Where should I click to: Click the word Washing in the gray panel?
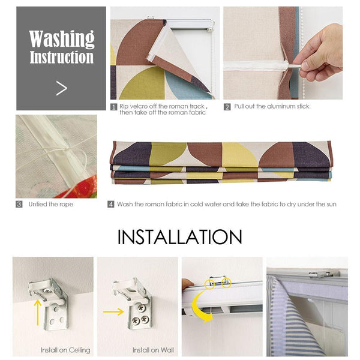point(62,38)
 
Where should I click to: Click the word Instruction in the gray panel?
point(62,57)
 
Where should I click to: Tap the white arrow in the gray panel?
point(62,88)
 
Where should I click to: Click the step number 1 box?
point(113,107)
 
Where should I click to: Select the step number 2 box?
point(227,107)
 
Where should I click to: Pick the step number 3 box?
point(19,204)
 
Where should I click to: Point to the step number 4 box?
point(110,204)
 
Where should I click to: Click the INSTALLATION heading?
point(180,237)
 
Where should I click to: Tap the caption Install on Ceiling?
point(65,350)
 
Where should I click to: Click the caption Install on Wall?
point(153,350)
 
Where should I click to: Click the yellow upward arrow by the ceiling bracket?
point(38,312)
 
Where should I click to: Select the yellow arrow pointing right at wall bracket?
point(113,312)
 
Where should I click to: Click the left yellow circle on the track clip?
point(210,284)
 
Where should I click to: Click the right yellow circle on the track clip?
point(226,283)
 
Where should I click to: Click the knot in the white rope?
point(67,151)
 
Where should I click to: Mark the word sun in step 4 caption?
point(331,204)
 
